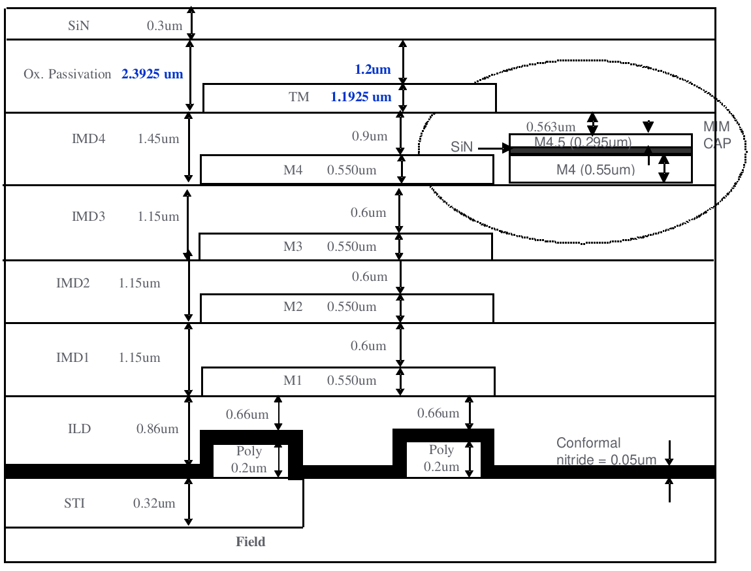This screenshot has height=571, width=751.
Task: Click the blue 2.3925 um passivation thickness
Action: pos(152,74)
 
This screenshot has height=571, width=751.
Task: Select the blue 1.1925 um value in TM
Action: pos(361,97)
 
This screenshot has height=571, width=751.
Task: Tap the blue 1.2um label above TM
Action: pos(373,70)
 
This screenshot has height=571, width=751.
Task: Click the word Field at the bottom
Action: pos(251,542)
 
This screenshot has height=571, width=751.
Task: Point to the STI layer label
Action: pos(74,504)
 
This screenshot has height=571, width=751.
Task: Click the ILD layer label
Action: pos(79,429)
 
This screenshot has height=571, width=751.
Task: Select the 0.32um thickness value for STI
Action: pos(154,504)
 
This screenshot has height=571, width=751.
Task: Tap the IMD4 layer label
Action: pos(89,139)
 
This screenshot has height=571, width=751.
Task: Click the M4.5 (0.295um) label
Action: pos(583,142)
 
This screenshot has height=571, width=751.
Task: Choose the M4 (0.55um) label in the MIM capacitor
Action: pos(596,170)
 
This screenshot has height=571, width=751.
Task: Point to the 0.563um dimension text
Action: pos(551,127)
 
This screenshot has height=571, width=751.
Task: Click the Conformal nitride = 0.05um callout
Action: pos(606,451)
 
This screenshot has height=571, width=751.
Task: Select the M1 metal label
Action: pos(293,381)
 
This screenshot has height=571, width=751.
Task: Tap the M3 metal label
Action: pos(293,247)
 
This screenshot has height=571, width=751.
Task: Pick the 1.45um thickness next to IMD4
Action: pos(158,139)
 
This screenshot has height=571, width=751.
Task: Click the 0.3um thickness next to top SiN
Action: pos(161,27)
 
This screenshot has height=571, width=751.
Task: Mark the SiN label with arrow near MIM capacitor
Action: pos(462,148)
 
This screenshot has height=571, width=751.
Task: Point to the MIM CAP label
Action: pos(716,135)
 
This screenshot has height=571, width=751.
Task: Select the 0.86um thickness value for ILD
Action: pos(157,429)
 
